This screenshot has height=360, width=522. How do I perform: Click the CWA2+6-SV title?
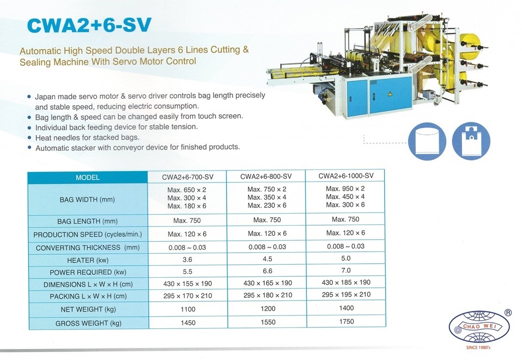tap(89, 25)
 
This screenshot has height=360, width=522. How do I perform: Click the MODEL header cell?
tap(88, 177)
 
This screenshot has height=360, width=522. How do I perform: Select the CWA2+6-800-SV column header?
tap(266, 176)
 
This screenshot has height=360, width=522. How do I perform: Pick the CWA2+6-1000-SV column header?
tap(346, 176)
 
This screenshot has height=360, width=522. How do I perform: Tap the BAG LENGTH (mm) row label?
tap(88, 221)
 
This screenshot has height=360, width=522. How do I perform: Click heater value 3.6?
tap(188, 259)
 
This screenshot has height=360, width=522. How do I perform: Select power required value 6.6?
tap(267, 271)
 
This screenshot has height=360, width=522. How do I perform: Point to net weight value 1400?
tap(346, 308)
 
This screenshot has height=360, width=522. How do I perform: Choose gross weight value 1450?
tap(188, 323)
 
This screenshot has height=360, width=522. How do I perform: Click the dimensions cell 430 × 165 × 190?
tap(268, 283)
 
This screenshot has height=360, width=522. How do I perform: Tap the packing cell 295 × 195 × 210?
tap(346, 294)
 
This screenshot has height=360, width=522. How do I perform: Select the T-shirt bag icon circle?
tap(471, 141)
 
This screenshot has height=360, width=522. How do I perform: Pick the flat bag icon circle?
tap(427, 141)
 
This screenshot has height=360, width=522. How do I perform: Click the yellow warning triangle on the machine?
tap(390, 94)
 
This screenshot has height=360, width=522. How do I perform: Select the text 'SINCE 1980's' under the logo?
tap(478, 347)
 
